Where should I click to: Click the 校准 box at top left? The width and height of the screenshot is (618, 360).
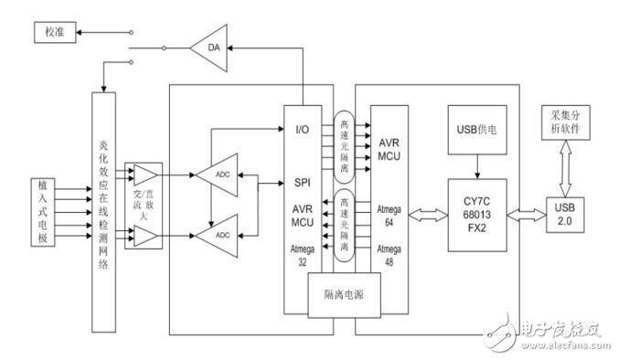coord(50,33)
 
